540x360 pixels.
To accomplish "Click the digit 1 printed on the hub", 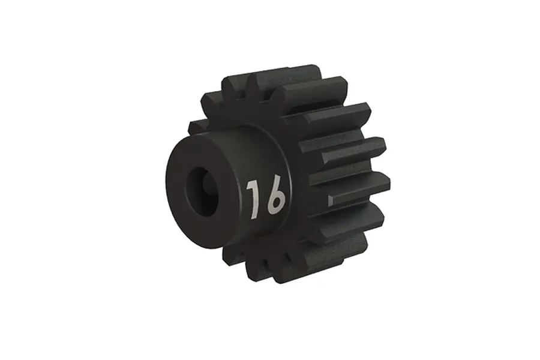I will pyautogui.click(x=253, y=199).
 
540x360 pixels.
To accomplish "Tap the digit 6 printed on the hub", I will pyautogui.click(x=275, y=196).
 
